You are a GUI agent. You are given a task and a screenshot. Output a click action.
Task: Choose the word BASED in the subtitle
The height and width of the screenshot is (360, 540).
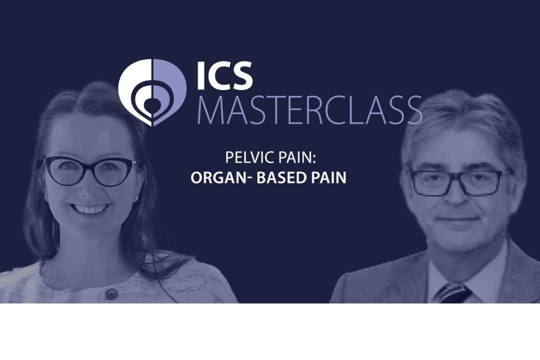(x=279, y=178)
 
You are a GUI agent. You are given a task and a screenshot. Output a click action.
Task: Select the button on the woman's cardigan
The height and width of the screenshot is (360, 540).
(x=111, y=294)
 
